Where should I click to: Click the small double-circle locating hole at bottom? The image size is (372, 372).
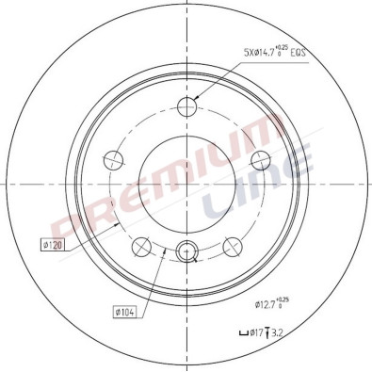pos(186,251)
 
